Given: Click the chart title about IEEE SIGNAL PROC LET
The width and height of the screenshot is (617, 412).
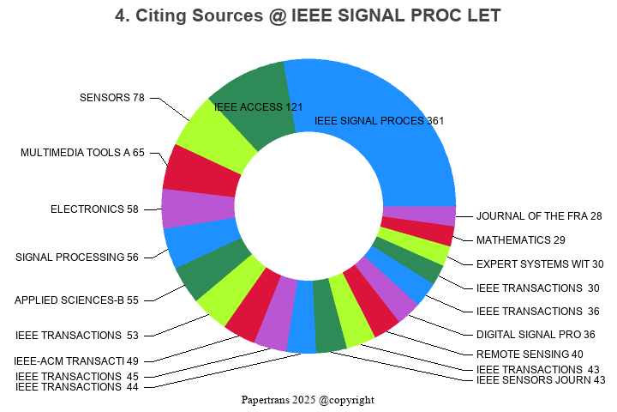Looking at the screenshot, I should click(x=308, y=15).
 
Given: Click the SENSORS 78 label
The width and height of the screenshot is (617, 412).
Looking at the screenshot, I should click(x=112, y=98).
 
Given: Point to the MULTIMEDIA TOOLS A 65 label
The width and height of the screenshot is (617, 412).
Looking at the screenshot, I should click(x=83, y=153).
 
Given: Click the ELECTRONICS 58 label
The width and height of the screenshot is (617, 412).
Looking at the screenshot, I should click(x=94, y=209).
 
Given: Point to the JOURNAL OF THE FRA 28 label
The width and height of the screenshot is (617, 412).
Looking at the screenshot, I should click(x=539, y=216).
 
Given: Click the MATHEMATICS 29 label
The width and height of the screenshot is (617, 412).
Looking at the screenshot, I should click(x=520, y=240).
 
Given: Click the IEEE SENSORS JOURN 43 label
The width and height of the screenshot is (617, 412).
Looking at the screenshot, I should click(x=541, y=379).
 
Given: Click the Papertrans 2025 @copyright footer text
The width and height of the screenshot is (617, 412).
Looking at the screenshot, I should click(x=308, y=400).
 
